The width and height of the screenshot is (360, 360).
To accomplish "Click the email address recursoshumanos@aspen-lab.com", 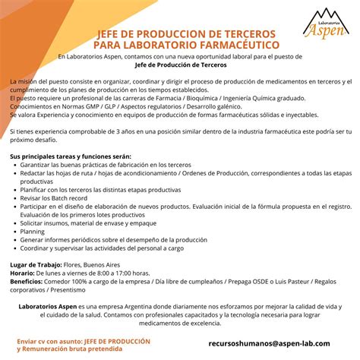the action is (269, 343).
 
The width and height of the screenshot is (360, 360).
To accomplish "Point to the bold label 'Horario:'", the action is (22, 272).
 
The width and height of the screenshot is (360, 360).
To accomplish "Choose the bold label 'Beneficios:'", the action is (27, 280).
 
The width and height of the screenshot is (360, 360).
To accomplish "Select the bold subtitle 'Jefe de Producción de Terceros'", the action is (179, 65).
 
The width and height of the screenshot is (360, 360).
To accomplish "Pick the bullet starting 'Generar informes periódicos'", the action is (122, 240).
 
